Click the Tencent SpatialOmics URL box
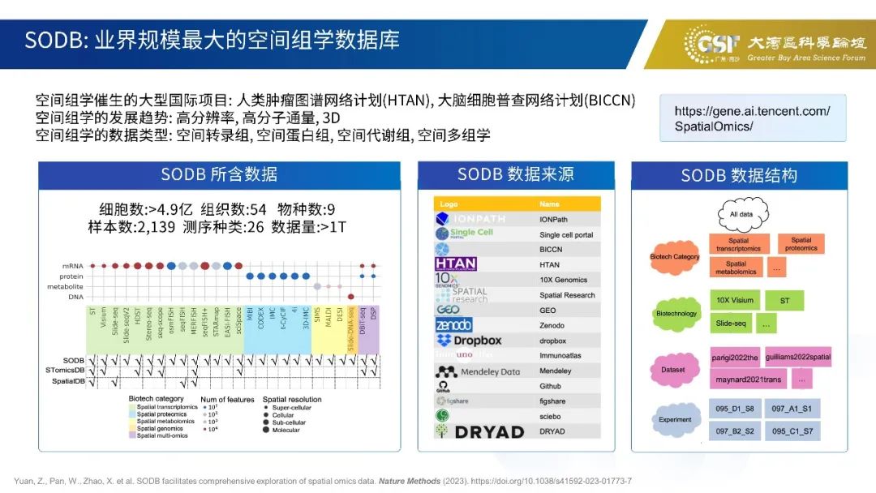[x=753, y=118]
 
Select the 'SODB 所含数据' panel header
[x=219, y=175]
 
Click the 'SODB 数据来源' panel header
[x=516, y=175]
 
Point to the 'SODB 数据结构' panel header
[x=739, y=175]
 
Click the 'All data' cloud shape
[x=741, y=214]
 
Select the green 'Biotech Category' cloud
[x=675, y=257]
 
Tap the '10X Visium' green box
[x=735, y=300]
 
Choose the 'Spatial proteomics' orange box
[x=801, y=244]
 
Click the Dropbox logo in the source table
[x=470, y=341]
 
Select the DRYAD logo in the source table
[x=479, y=431]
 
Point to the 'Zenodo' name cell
[x=552, y=325]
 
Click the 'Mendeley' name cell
[x=555, y=371]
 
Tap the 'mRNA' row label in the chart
[x=72, y=266]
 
